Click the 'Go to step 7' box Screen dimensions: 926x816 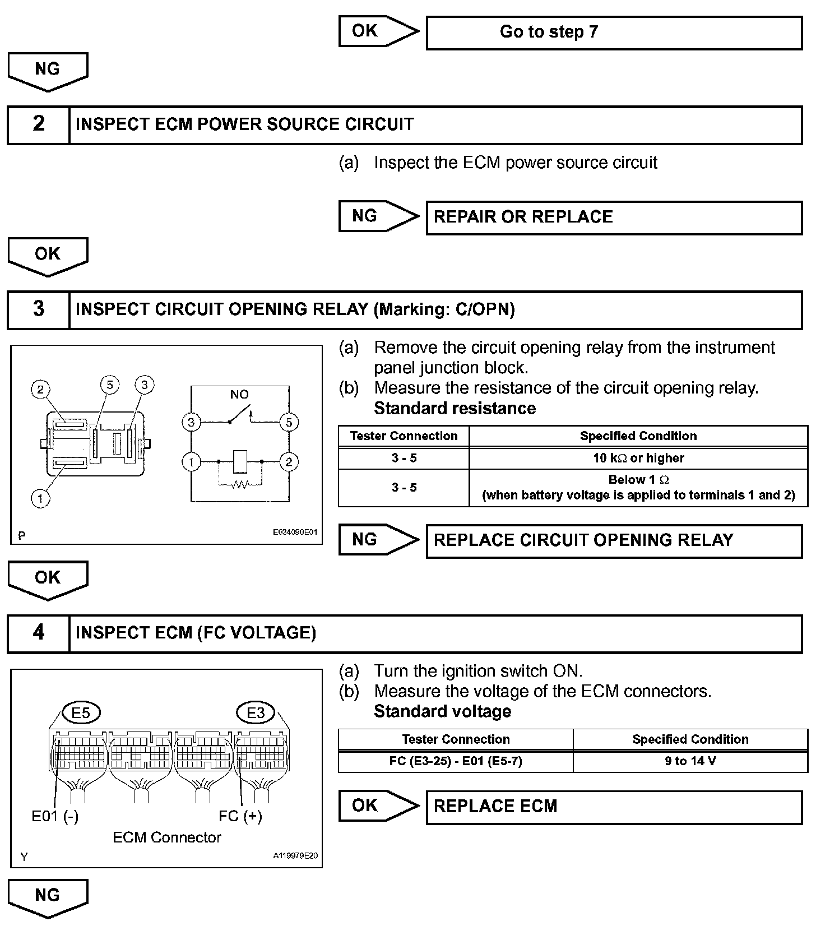[x=614, y=33]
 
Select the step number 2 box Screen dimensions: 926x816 [x=38, y=124]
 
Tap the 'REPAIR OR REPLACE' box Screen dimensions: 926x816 [x=614, y=217]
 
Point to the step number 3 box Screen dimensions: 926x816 [x=38, y=309]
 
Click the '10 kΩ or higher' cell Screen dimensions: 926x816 [x=638, y=458]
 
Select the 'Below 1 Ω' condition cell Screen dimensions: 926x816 [x=638, y=488]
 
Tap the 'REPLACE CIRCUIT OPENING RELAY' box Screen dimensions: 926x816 [x=614, y=540]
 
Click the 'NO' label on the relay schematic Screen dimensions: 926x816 [x=239, y=395]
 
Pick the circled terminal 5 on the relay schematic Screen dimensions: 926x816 [x=289, y=422]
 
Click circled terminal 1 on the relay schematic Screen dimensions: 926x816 [x=191, y=462]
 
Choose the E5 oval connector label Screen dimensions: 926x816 [x=81, y=712]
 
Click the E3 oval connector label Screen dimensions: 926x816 [x=256, y=712]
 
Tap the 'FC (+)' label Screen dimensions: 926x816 [x=240, y=816]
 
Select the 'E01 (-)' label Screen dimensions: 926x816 [x=55, y=816]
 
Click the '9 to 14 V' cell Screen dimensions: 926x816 [x=690, y=761]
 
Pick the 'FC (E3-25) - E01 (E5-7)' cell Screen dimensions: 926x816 [x=456, y=761]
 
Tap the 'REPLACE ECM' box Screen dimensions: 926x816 [x=614, y=807]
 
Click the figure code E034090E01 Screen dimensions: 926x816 [x=295, y=532]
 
